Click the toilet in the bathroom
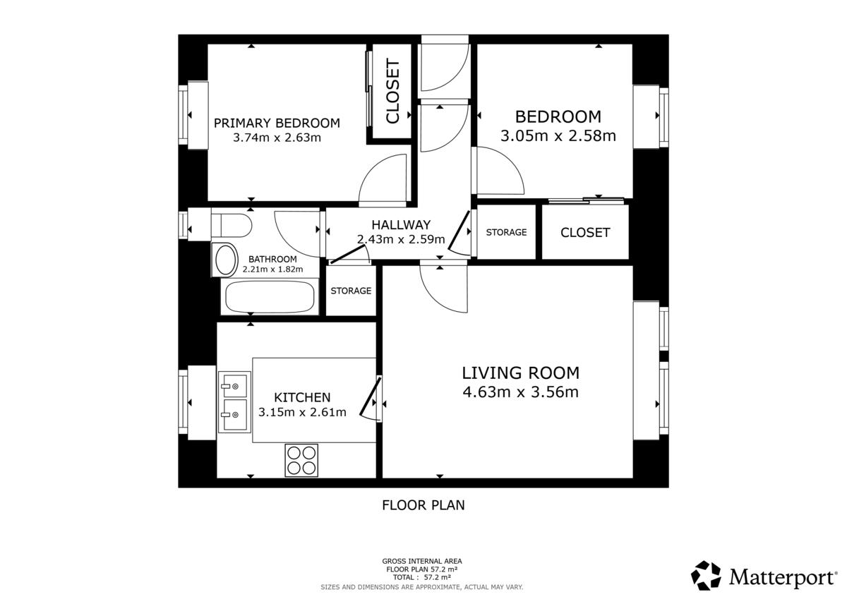click(231, 225)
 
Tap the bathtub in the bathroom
click(270, 297)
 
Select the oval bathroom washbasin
click(225, 260)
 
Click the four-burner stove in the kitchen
click(301, 460)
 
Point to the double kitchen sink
click(234, 402)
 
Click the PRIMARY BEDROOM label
click(277, 123)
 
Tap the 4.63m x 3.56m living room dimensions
click(521, 392)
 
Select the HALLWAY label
click(401, 225)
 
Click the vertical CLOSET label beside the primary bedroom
click(392, 92)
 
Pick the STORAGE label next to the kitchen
click(351, 291)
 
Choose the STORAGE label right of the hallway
click(506, 232)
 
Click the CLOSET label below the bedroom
click(585, 232)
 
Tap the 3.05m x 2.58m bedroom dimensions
click(558, 135)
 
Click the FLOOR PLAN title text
click(423, 505)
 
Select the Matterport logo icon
click(706, 576)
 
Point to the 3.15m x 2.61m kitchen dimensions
click(302, 412)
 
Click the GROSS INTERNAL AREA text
click(422, 561)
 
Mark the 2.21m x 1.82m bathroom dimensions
click(272, 270)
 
